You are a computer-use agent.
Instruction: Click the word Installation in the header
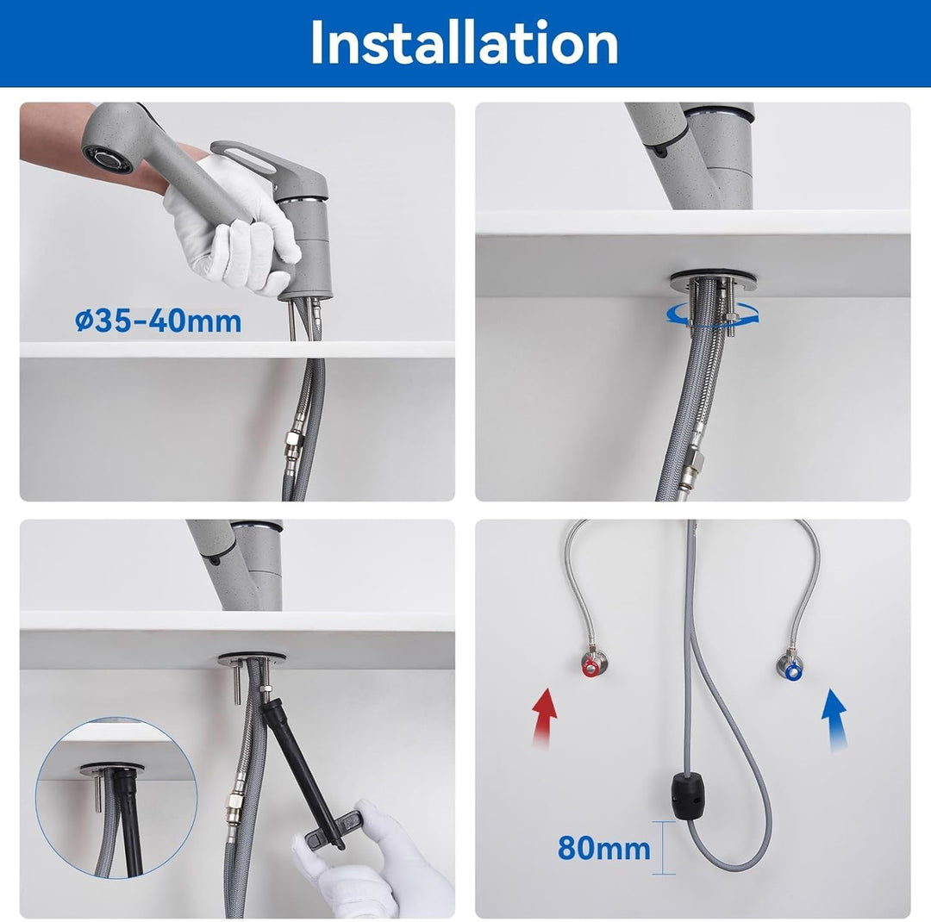(464, 43)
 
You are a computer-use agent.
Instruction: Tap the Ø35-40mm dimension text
(159, 321)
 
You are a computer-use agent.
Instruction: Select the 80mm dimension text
(603, 848)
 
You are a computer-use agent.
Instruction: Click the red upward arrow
(545, 717)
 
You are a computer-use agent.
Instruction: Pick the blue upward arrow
(834, 720)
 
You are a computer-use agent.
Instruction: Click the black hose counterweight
(686, 794)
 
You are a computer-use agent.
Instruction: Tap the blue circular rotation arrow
(713, 316)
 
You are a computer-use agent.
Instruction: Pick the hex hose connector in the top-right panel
(692, 462)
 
